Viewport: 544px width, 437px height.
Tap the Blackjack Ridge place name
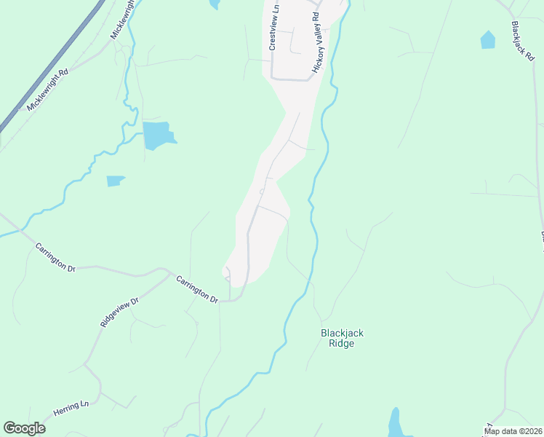342,338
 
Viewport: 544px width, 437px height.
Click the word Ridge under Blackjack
341,344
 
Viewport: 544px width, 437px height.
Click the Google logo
24,428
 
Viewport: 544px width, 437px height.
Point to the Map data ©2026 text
513,431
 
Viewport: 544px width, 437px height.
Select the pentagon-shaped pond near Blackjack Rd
487,40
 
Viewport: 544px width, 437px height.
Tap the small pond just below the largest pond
115,181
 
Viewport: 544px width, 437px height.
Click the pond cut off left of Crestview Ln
214,4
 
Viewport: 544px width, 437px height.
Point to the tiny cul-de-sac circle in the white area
262,192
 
